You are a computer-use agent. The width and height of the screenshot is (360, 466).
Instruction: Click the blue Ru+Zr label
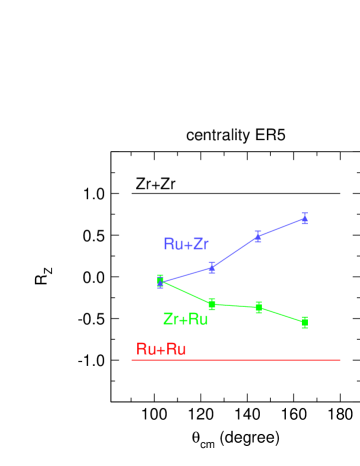(x=186, y=244)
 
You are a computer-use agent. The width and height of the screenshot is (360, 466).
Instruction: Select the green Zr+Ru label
(x=185, y=319)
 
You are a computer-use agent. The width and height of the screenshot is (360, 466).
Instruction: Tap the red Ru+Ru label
(x=161, y=349)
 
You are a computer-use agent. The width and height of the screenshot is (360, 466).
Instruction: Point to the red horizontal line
(x=236, y=360)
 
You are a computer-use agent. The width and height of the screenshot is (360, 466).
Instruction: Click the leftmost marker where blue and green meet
(x=160, y=281)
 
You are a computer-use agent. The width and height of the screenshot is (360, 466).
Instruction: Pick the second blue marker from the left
(x=212, y=267)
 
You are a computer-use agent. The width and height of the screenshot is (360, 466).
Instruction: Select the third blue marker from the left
(x=258, y=236)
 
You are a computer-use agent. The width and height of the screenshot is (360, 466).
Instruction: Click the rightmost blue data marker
(x=304, y=218)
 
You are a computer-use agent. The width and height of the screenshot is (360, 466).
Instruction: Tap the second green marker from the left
(x=212, y=304)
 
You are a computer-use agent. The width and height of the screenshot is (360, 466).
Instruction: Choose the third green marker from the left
(x=258, y=307)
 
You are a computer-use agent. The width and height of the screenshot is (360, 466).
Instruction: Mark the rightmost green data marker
(x=304, y=322)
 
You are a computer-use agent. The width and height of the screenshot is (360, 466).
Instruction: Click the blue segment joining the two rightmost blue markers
(x=281, y=227)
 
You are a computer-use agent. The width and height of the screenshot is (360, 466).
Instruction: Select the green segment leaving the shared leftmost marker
(x=186, y=293)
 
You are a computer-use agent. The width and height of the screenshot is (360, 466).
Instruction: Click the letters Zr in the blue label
(x=200, y=244)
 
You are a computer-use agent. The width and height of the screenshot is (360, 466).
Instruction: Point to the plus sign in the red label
(x=161, y=349)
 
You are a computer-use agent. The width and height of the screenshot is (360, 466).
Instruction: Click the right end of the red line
(x=339, y=360)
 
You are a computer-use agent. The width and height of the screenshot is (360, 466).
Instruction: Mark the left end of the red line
(x=133, y=360)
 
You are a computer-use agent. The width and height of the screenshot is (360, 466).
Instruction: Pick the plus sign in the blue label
(x=186, y=244)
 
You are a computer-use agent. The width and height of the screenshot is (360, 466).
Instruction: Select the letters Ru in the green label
(x=198, y=319)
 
